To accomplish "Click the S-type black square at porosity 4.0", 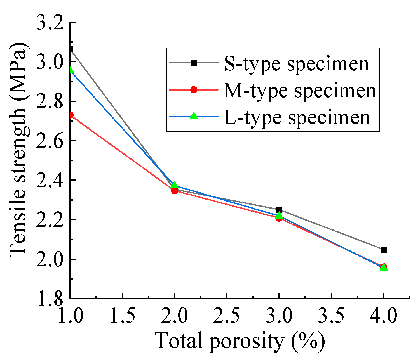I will click(x=384, y=250).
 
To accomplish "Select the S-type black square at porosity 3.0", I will click(x=279, y=210).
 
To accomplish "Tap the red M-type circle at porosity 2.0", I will click(x=174, y=191).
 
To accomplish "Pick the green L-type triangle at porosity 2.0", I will click(x=174, y=185).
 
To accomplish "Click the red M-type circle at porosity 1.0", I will click(x=71, y=115).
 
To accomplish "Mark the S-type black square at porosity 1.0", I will click(x=71, y=49).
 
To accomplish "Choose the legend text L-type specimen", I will click(x=297, y=117).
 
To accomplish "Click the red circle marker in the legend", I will click(x=194, y=90).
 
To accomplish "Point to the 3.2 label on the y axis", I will click(x=51, y=22).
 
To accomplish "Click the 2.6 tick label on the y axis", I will click(x=51, y=141).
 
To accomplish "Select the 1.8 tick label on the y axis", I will click(x=51, y=299).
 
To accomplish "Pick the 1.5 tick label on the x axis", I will click(x=122, y=316).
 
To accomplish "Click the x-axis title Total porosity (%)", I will click(x=240, y=341).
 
